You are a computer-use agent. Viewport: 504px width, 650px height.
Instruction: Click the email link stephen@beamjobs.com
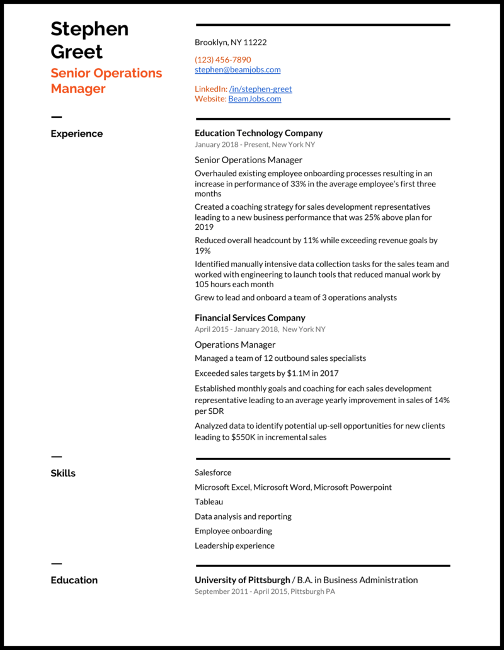(238, 70)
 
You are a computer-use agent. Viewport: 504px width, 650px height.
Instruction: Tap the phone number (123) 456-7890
(222, 60)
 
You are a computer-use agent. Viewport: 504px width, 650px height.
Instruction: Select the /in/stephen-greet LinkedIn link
(260, 89)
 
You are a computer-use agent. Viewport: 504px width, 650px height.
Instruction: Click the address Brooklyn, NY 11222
(231, 42)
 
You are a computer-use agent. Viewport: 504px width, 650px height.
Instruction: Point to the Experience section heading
(76, 134)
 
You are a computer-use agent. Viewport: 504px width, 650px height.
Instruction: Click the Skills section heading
(63, 473)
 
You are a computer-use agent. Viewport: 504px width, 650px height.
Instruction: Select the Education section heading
(74, 580)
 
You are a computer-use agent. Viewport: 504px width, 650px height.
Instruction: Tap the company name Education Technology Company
(258, 133)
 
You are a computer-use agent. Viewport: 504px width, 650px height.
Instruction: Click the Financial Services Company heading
(249, 317)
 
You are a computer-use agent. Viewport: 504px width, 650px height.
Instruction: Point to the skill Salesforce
(213, 472)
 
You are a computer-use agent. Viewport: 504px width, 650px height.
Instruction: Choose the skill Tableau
(209, 502)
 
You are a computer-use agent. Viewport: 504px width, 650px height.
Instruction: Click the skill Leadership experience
(234, 545)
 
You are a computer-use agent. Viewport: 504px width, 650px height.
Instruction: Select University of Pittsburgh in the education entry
(243, 580)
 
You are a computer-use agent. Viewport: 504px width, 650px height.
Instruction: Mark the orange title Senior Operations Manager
(106, 81)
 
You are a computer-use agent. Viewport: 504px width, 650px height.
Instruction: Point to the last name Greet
(76, 51)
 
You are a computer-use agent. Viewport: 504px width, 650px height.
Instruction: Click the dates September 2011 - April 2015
(241, 591)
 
